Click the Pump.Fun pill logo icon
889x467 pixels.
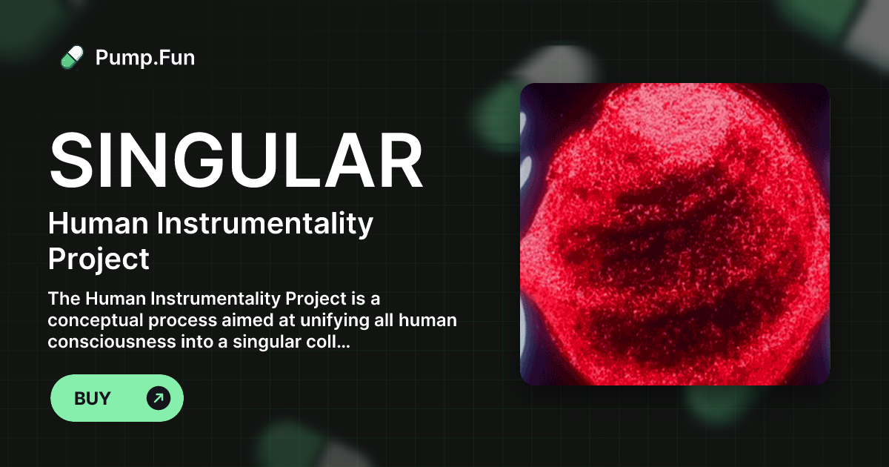[x=72, y=57]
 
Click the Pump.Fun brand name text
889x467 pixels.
[x=145, y=57]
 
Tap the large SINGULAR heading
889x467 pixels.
[x=236, y=162]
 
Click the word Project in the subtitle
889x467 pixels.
[x=99, y=259]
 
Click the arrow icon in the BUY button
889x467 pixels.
[x=159, y=398]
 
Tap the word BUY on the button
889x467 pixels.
[x=93, y=398]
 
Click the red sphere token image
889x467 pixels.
[x=674, y=234]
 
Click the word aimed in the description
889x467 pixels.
[x=264, y=320]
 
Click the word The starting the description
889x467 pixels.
[x=64, y=299]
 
